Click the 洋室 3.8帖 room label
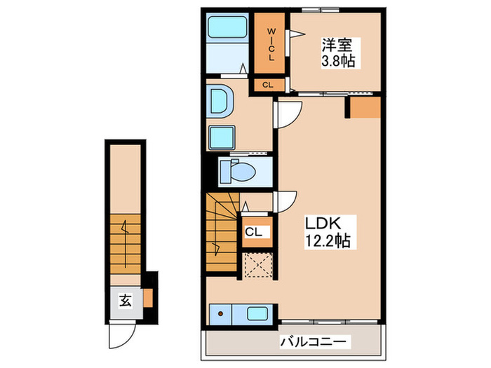pos(338,53)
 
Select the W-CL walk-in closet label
pos(270,44)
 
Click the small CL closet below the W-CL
pos(267,85)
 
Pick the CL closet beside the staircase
pos(254,231)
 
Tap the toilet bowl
pos(243,171)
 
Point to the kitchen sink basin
pos(255,313)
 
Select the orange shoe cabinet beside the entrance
pos(148,298)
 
